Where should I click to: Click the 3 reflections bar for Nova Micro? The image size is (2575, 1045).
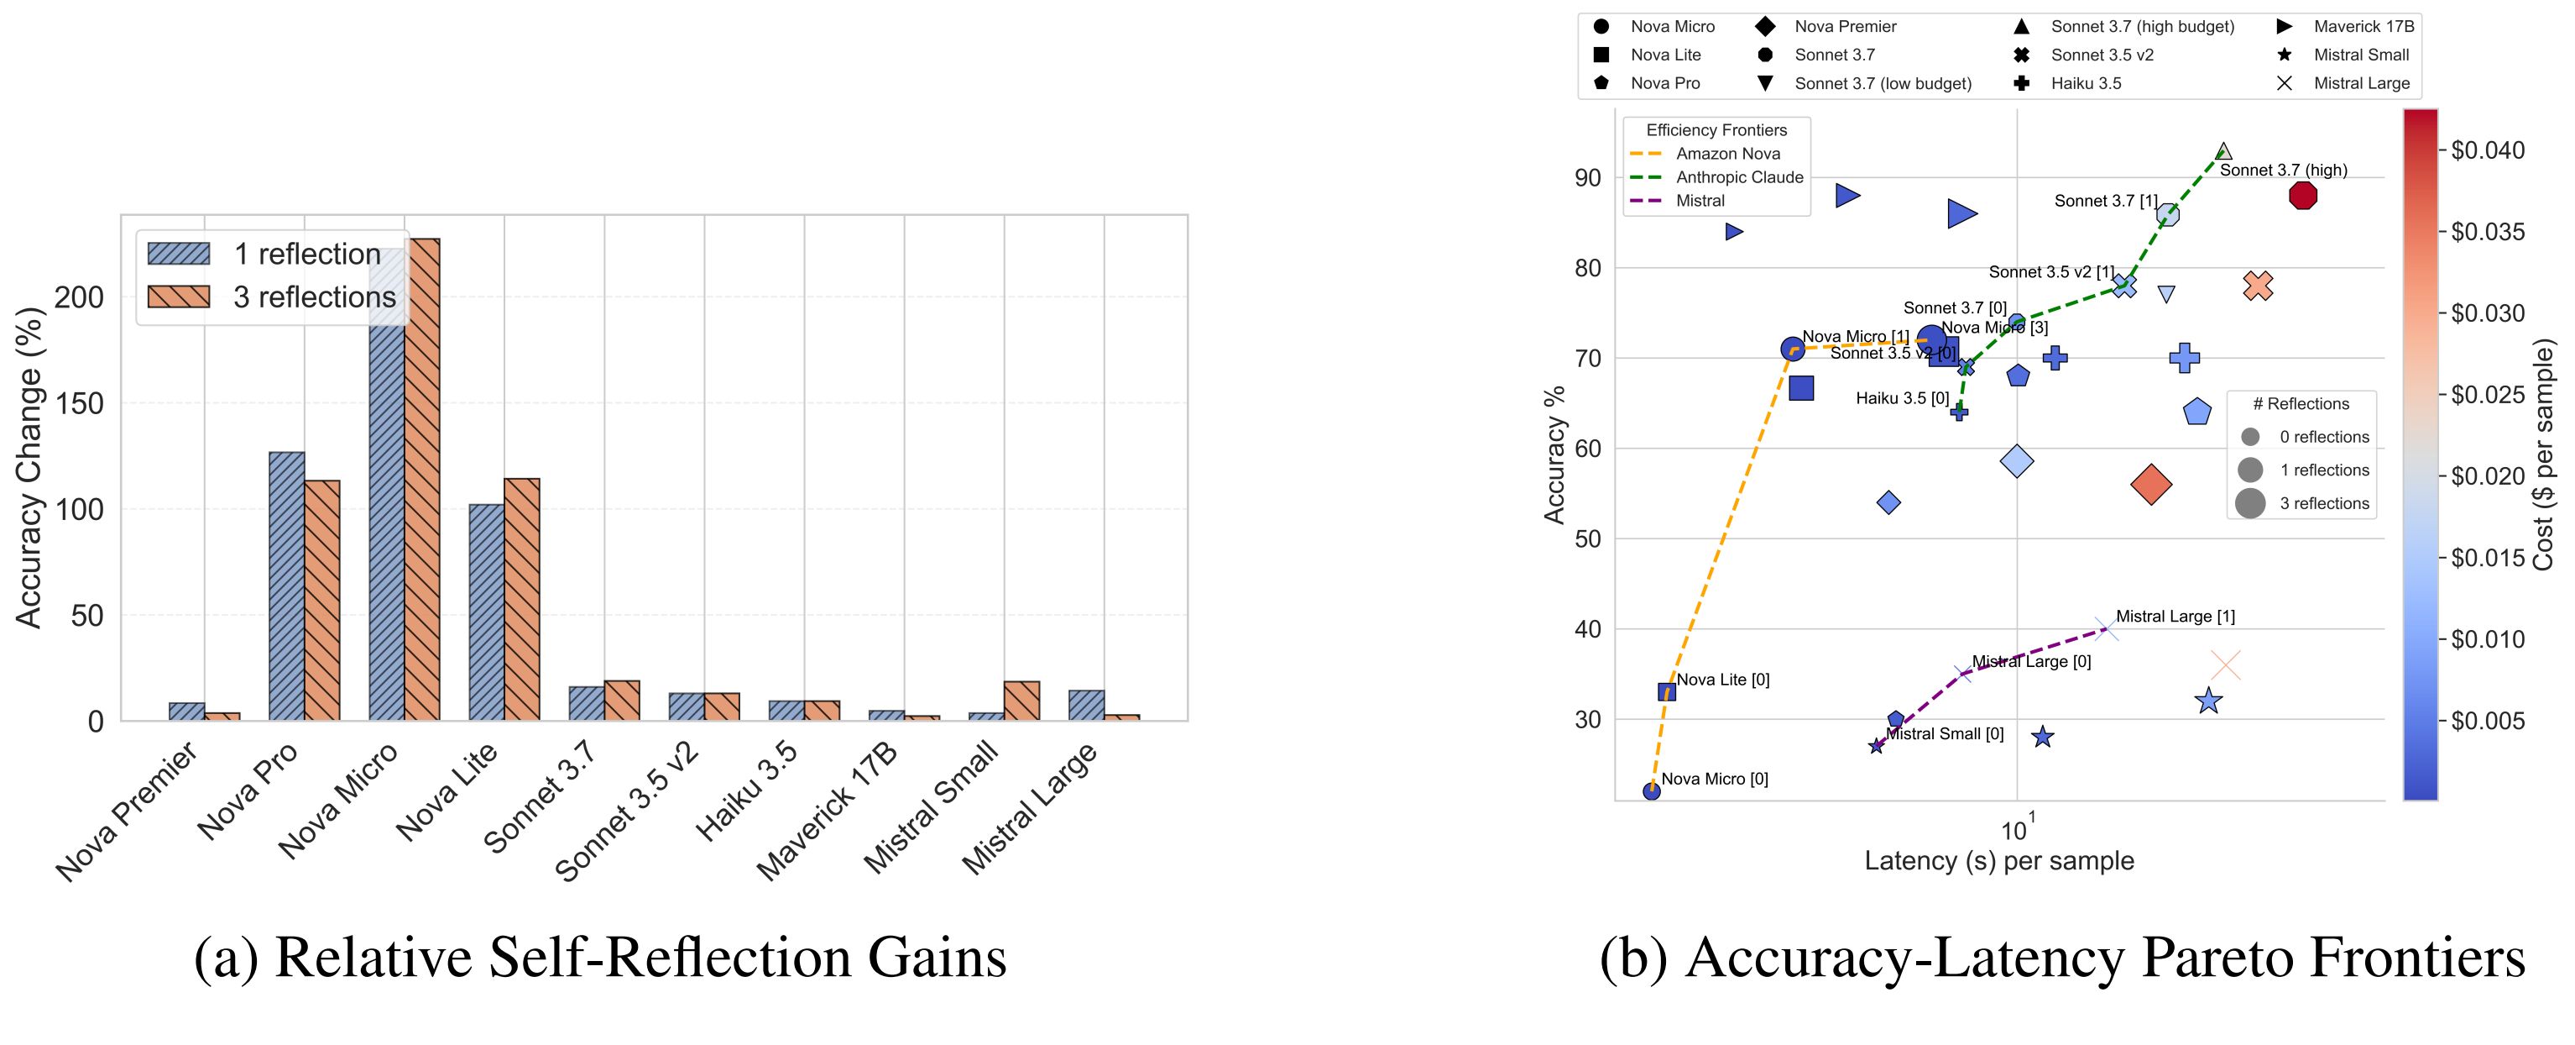point(422,480)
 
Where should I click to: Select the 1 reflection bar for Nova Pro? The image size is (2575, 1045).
point(287,586)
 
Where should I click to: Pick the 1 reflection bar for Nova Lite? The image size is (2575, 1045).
point(487,612)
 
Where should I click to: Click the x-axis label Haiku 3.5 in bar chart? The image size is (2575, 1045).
point(747,792)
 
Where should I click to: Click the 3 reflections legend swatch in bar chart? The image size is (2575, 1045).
point(179,297)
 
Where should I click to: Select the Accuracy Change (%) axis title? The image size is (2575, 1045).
point(30,467)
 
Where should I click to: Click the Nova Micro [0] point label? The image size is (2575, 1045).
point(1715,779)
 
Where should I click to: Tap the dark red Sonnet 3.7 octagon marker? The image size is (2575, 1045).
point(2303,196)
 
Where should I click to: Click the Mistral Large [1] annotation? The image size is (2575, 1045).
point(2175,617)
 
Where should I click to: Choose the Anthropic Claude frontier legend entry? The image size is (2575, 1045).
point(1739,177)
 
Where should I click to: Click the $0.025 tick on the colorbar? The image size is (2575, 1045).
point(2488,395)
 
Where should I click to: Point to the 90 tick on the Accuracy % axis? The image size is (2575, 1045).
point(1587,178)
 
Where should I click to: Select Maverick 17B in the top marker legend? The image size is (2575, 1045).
point(2363,26)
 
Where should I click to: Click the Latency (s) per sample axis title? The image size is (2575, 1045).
point(1999,861)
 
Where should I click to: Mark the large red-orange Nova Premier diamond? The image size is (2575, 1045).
point(2151,485)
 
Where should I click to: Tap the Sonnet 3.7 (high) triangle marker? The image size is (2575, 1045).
point(2223,151)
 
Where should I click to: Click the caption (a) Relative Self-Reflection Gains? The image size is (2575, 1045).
point(600,958)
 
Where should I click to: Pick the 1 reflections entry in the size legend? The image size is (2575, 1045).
point(2324,470)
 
